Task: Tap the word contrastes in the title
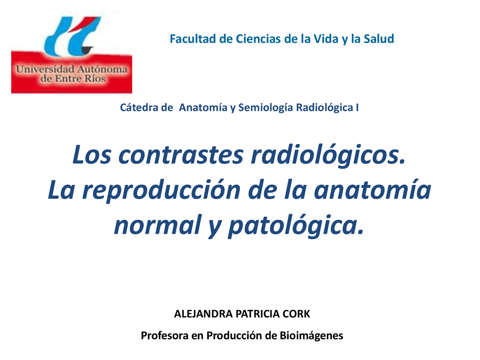point(181,154)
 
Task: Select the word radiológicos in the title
point(328,154)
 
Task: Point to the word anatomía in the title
point(372,190)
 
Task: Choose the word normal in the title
point(157,225)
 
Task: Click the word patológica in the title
point(296,225)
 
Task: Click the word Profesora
point(165,335)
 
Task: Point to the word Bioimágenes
point(311,335)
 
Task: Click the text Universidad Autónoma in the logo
point(72,69)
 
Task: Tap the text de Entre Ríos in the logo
point(73,79)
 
